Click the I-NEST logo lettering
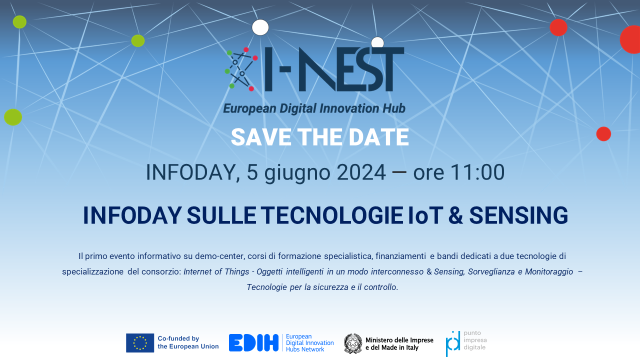334,69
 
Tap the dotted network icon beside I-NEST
241,69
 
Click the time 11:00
477,172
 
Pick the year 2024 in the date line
361,172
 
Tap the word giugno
297,173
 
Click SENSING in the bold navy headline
518,215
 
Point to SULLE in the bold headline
221,215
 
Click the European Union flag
140,343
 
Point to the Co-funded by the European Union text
188,342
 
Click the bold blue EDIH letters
253,343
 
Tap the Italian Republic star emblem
353,343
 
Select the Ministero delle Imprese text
399,343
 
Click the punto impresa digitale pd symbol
453,343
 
